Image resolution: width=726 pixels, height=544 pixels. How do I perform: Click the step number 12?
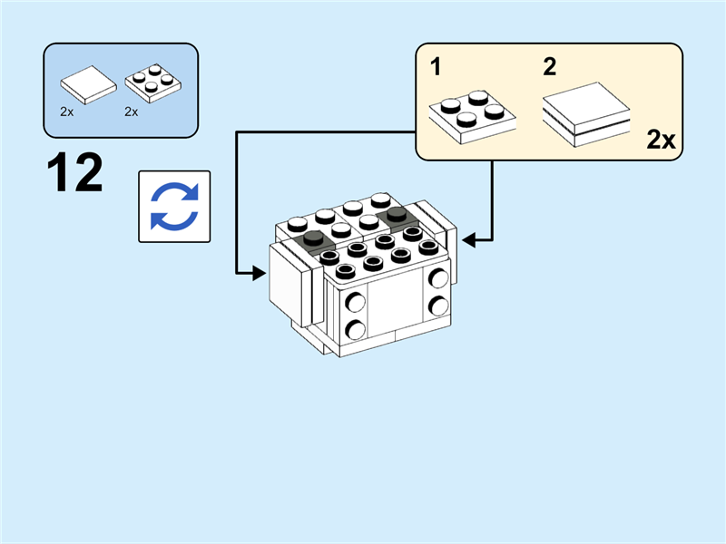tap(75, 173)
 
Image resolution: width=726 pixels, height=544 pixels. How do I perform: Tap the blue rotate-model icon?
tap(173, 207)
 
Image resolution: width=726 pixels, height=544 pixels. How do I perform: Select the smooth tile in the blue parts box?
tap(88, 84)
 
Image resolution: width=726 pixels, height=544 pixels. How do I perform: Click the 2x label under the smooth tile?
tap(66, 112)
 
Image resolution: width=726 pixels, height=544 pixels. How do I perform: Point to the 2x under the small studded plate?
tap(131, 112)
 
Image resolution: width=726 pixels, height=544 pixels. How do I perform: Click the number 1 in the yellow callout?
tap(436, 66)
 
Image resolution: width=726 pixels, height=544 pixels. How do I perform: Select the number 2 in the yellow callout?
tap(550, 66)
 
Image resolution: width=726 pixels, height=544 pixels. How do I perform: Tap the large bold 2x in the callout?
tap(661, 140)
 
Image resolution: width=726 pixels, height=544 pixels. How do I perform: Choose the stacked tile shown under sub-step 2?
tap(585, 113)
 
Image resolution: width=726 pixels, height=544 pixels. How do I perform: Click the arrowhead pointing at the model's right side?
tap(468, 240)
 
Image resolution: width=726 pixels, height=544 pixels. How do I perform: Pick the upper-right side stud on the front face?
tap(439, 279)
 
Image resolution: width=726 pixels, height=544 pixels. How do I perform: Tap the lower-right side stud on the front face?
tap(439, 304)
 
